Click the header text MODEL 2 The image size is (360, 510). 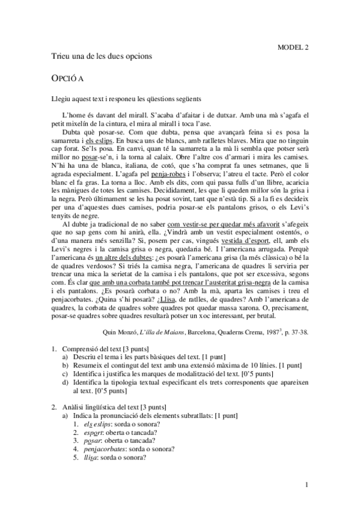[x=293, y=46]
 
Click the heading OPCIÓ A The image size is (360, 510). [x=68, y=78]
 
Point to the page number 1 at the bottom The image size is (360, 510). [x=307, y=485]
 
